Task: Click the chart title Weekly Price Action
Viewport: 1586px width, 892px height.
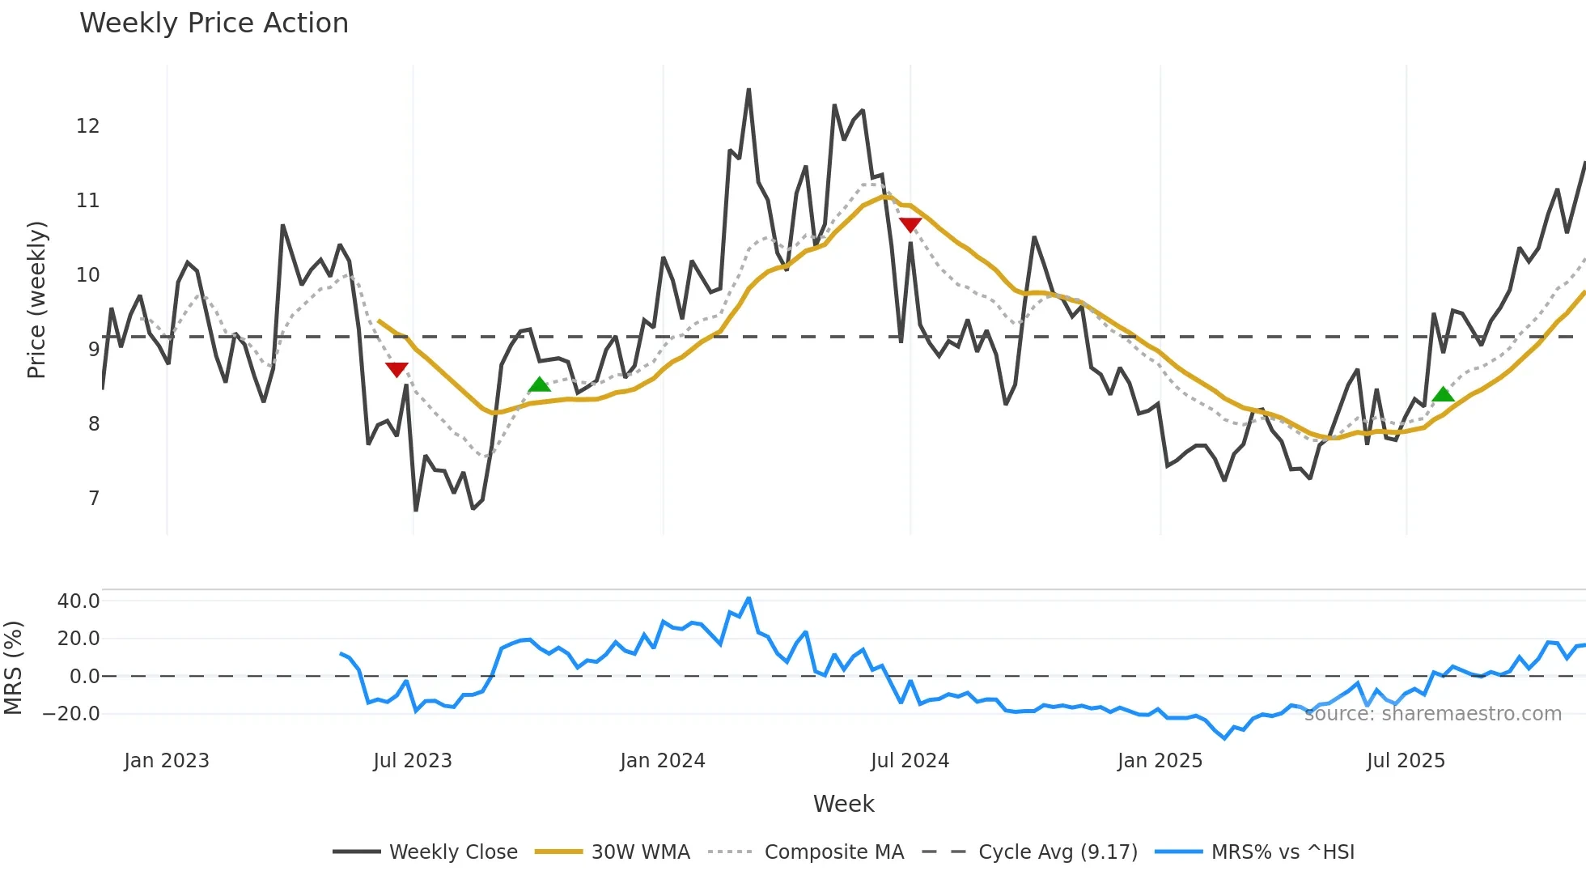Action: (x=214, y=23)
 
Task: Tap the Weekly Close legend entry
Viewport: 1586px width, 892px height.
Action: (x=453, y=852)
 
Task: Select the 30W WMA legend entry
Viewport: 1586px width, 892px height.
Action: (x=640, y=852)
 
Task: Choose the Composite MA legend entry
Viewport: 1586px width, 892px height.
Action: (x=833, y=852)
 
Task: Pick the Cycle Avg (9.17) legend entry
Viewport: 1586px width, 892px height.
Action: (x=1057, y=852)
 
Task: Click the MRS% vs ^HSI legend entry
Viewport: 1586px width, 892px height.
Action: (x=1282, y=852)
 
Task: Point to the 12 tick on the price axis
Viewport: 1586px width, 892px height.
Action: (x=87, y=126)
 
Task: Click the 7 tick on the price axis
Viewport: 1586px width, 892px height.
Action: (x=94, y=499)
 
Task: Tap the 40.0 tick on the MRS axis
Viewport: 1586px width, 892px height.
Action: (x=78, y=601)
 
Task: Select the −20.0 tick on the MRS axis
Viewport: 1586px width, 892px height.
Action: (x=71, y=714)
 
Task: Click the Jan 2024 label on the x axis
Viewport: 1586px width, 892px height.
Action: (x=663, y=761)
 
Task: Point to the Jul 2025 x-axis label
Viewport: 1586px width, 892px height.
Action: (x=1406, y=761)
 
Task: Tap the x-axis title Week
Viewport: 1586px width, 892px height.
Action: (x=843, y=804)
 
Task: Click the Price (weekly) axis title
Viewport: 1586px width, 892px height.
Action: (x=36, y=299)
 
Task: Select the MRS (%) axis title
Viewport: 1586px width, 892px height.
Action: (x=13, y=668)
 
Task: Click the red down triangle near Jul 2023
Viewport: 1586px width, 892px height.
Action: (x=396, y=370)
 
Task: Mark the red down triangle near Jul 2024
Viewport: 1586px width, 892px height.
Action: (x=910, y=225)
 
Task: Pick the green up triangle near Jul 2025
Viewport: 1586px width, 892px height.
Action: (x=1443, y=395)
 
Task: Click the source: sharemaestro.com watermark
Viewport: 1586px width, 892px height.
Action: (x=1432, y=714)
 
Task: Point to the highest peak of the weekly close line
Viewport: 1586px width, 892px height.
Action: (x=748, y=90)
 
